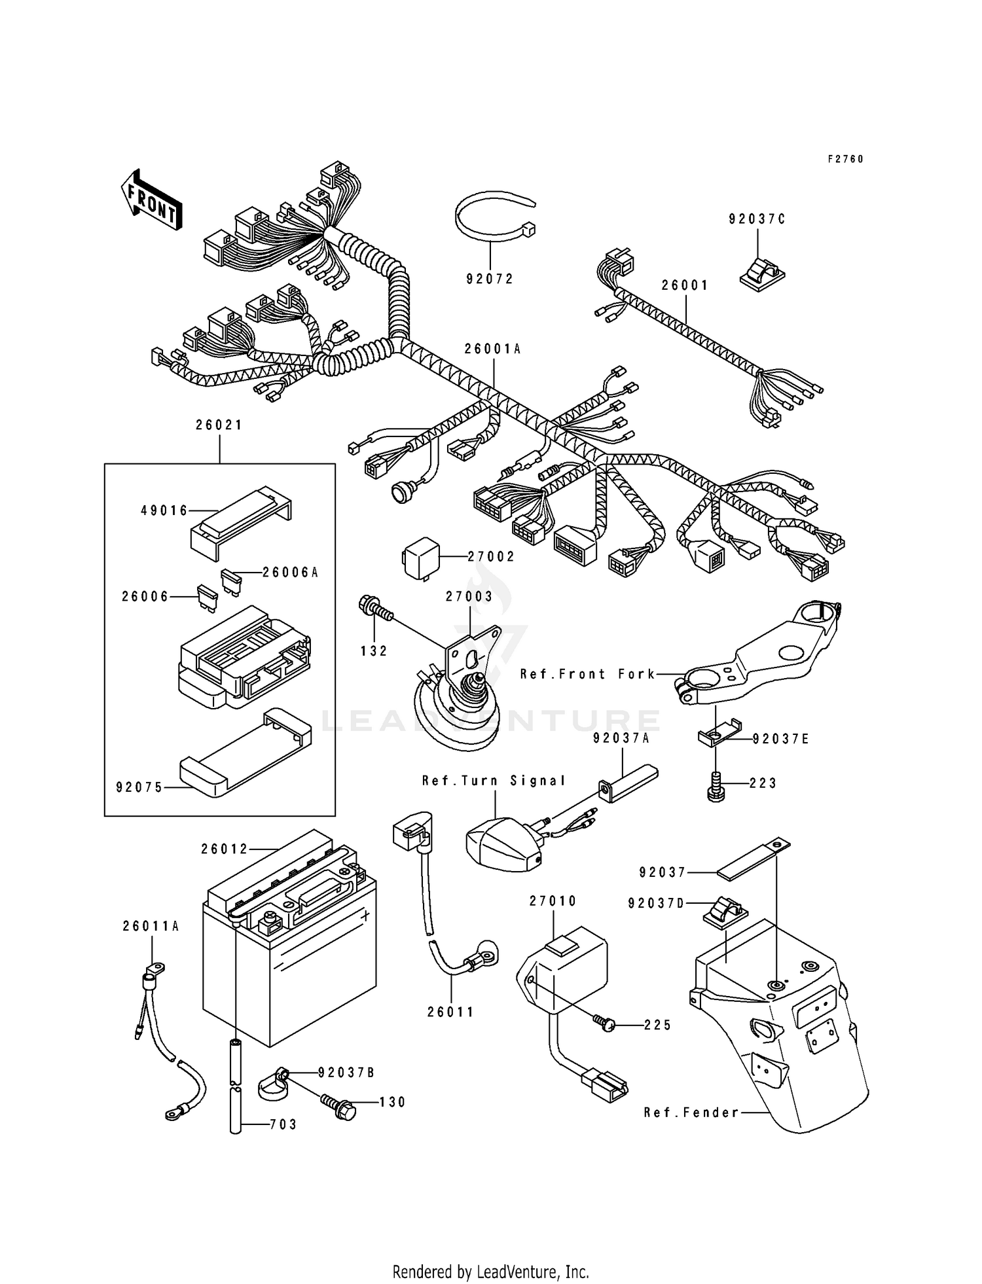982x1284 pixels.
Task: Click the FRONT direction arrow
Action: pyautogui.click(x=151, y=201)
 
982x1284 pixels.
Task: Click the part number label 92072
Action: pyautogui.click(x=490, y=279)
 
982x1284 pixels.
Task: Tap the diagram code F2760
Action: pyautogui.click(x=845, y=159)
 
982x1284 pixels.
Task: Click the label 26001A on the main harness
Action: pyautogui.click(x=492, y=349)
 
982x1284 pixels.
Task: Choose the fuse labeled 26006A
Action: pyautogui.click(x=231, y=580)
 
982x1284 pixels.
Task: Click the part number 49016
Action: pyautogui.click(x=164, y=510)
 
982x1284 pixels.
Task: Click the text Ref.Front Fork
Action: pyautogui.click(x=587, y=674)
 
